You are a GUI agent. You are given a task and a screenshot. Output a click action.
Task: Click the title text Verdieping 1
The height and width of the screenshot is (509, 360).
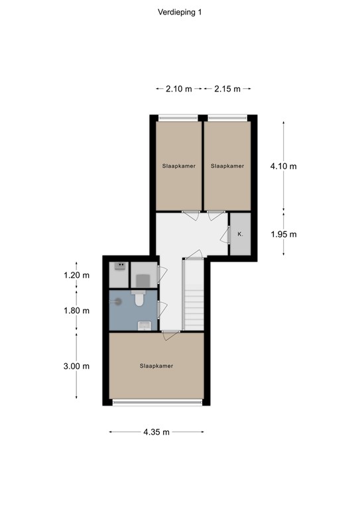(x=180, y=11)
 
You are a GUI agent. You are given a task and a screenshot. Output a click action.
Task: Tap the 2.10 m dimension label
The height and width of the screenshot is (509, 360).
(x=178, y=89)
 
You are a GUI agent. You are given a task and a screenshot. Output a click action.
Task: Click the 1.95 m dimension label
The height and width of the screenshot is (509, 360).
(x=284, y=234)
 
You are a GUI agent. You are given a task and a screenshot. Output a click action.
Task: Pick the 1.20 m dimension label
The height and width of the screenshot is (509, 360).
(x=76, y=275)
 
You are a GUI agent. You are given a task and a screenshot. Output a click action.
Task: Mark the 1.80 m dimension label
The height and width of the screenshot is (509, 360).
(x=76, y=310)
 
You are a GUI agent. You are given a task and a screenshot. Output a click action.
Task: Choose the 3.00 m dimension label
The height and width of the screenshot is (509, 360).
(x=76, y=366)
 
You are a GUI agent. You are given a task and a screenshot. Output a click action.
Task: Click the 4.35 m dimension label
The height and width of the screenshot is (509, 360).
(x=156, y=432)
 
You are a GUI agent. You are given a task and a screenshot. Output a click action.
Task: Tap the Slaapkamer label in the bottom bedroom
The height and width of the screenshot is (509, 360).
(x=156, y=365)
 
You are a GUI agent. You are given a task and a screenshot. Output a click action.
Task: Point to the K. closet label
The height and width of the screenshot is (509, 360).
(x=239, y=235)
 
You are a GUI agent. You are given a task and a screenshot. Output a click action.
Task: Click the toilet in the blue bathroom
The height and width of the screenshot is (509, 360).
(x=139, y=300)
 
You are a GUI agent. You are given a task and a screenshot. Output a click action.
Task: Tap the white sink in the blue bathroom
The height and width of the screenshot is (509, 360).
(x=144, y=325)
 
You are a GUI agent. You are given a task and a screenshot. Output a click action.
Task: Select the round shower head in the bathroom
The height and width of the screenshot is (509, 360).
(x=119, y=300)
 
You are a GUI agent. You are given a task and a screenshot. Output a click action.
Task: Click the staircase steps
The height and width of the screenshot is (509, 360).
(x=194, y=298)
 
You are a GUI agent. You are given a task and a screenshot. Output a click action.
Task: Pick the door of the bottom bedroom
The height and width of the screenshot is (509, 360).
(x=170, y=334)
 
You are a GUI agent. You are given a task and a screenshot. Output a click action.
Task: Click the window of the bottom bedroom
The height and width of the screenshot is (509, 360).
(x=156, y=402)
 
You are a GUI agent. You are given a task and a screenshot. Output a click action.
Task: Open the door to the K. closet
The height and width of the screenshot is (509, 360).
(x=225, y=234)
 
